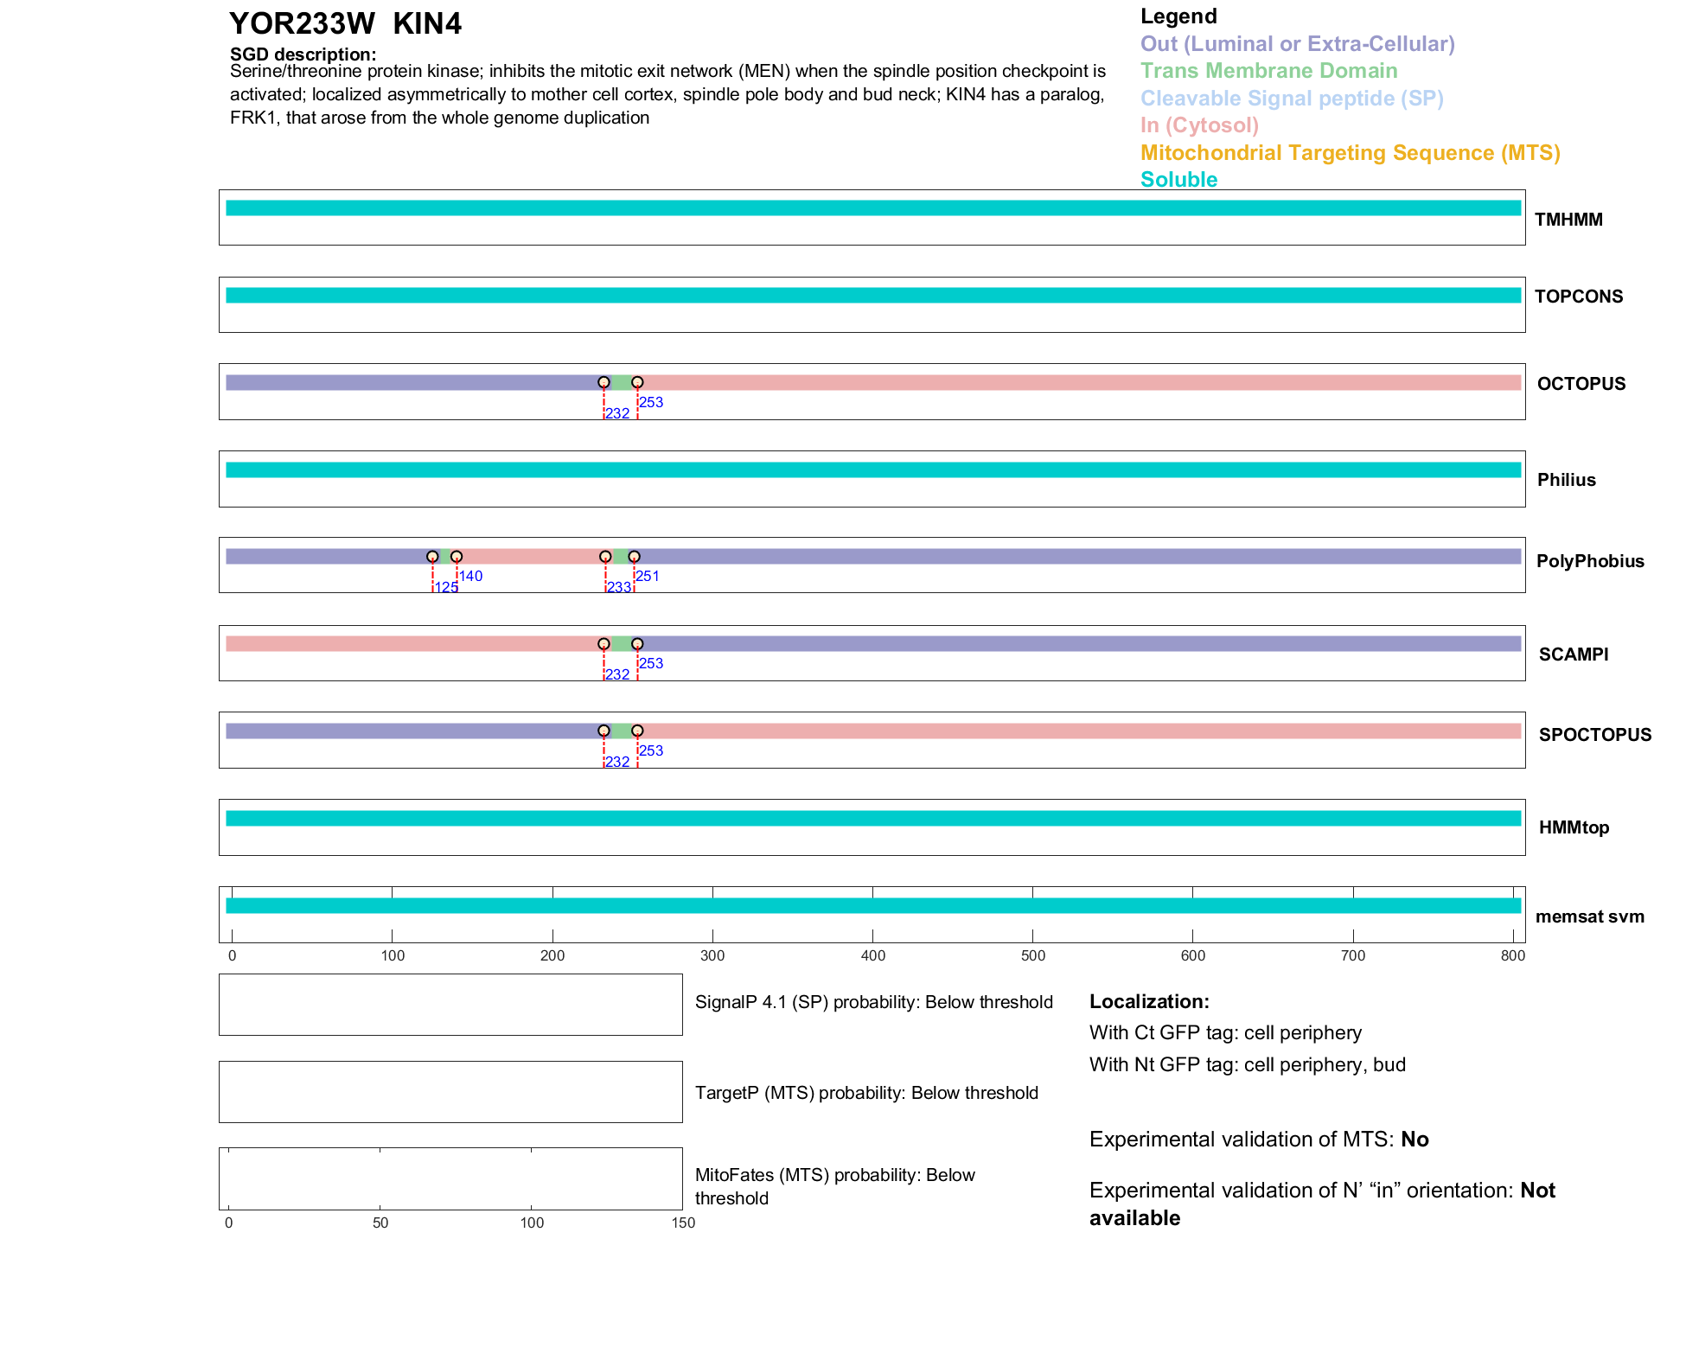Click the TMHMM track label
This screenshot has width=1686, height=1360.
point(1568,220)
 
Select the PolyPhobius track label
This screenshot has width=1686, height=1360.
point(1589,561)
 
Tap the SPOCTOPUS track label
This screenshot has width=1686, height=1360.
point(1594,735)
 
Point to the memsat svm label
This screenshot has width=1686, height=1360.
point(1589,916)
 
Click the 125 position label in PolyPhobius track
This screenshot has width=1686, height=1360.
point(446,588)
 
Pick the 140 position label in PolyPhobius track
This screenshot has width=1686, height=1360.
point(470,576)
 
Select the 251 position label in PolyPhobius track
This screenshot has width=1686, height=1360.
point(648,576)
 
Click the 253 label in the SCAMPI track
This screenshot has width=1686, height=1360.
point(651,663)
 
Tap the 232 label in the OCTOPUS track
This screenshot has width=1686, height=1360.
point(617,413)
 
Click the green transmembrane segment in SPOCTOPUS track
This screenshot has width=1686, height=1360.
point(621,731)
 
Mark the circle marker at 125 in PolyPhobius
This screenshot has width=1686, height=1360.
point(432,557)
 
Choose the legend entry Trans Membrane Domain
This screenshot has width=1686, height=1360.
point(1268,71)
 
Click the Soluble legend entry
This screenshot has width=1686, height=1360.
point(1178,180)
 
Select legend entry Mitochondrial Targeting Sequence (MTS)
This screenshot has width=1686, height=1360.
point(1350,153)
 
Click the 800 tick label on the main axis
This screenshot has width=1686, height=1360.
point(1513,955)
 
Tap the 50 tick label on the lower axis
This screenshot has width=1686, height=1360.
point(380,1223)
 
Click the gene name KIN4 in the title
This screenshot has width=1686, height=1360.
point(427,24)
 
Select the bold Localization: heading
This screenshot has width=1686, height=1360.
point(1149,1001)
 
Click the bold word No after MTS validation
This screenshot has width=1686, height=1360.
point(1415,1140)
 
